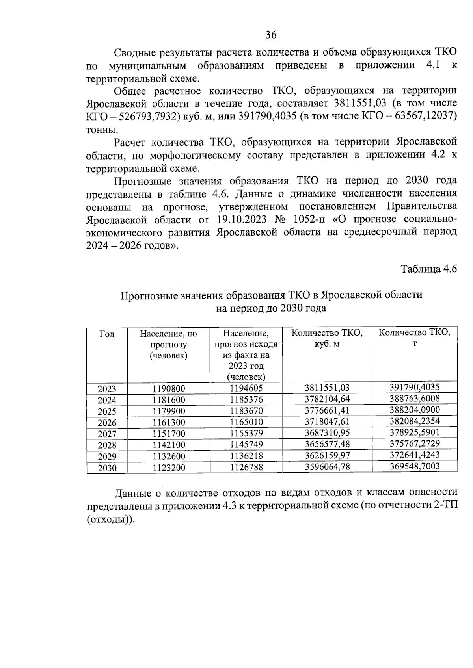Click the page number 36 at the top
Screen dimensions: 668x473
271,35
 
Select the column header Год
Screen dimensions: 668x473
107,334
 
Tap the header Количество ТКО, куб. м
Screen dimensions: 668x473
327,338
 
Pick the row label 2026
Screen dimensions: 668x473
107,423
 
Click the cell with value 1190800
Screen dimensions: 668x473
168,388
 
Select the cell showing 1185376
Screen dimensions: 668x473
246,399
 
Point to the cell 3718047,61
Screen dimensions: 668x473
327,422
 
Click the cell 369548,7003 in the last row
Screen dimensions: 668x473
414,466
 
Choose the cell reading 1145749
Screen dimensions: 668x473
246,444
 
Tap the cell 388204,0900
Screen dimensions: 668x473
414,410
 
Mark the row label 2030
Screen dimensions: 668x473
107,468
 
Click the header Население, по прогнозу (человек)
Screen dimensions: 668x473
168,344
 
